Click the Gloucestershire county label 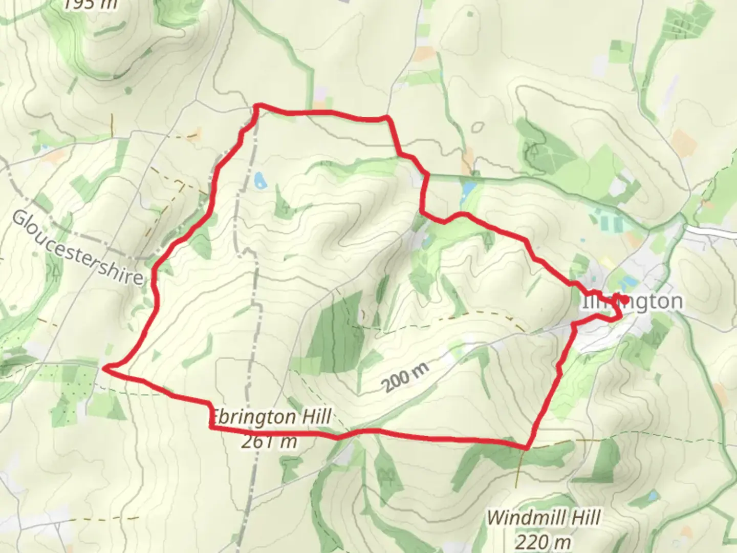point(77,248)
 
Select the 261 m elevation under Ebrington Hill point(269,441)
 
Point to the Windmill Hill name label point(543,518)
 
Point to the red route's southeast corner point(527,448)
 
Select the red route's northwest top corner point(258,105)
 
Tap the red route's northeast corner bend point(388,118)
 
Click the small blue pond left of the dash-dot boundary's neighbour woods point(259,180)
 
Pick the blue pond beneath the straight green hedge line point(468,190)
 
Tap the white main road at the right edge point(717,231)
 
